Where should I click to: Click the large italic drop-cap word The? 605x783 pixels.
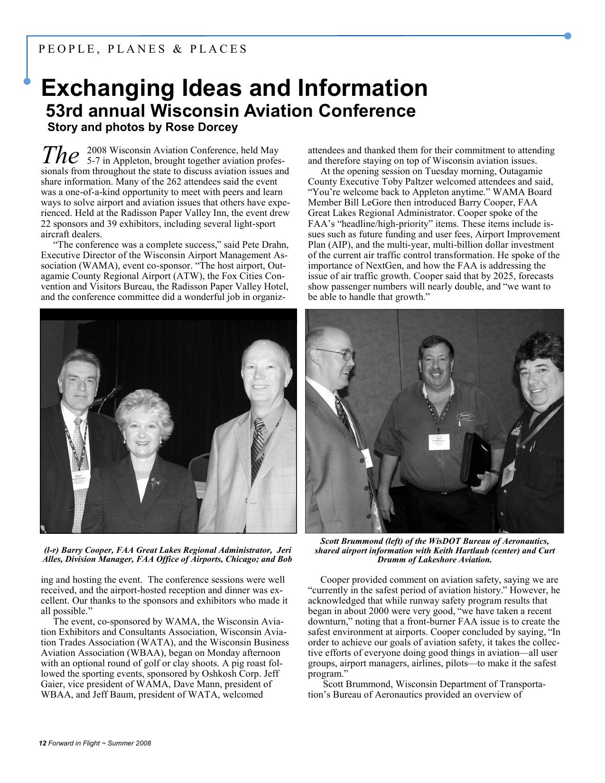(60, 154)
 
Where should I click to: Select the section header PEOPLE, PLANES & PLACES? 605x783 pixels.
(143, 49)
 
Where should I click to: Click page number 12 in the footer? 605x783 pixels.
(42, 743)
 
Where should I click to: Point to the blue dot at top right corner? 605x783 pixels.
(568, 36)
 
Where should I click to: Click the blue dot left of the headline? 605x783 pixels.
(28, 82)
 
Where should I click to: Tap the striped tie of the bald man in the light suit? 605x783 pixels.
(258, 446)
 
